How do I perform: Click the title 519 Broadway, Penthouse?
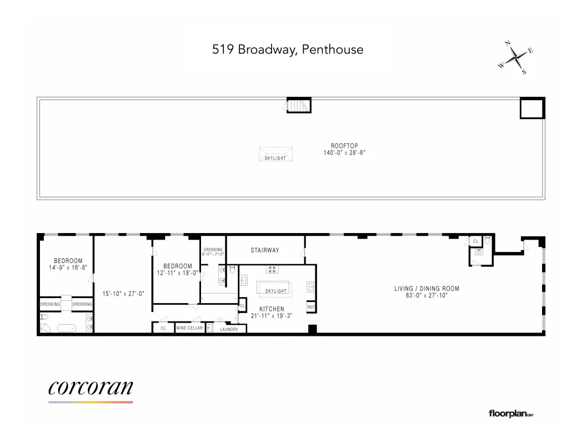pyautogui.click(x=288, y=49)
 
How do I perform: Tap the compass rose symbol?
pyautogui.click(x=516, y=57)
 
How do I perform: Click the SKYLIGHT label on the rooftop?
pyautogui.click(x=275, y=158)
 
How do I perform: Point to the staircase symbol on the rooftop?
pyautogui.click(x=299, y=105)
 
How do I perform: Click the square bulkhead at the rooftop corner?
pyautogui.click(x=532, y=108)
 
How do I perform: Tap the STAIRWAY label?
pyautogui.click(x=264, y=250)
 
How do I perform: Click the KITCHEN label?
pyautogui.click(x=272, y=309)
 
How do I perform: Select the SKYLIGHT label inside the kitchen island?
pyautogui.click(x=276, y=291)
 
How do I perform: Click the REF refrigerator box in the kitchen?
pyautogui.click(x=310, y=306)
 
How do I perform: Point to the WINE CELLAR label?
pyautogui.click(x=189, y=328)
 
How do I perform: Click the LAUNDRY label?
pyautogui.click(x=229, y=329)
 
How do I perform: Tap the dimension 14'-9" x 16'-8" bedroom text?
pyautogui.click(x=68, y=267)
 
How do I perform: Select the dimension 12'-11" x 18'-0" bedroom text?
pyautogui.click(x=177, y=273)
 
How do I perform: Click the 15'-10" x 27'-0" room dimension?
pyautogui.click(x=123, y=293)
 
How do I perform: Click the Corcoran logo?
pyautogui.click(x=91, y=388)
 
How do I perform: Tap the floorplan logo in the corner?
pyautogui.click(x=510, y=413)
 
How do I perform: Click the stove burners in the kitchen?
pyautogui.click(x=272, y=270)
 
